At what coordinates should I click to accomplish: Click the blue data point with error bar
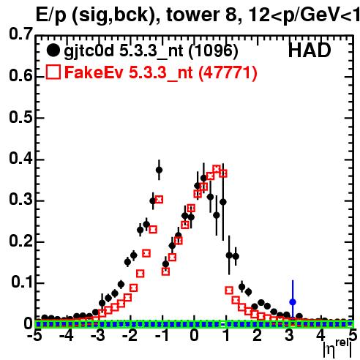(x=293, y=302)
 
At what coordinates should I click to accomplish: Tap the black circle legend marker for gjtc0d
(x=53, y=50)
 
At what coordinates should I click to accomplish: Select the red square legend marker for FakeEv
(x=53, y=72)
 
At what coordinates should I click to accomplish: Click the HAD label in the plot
(x=310, y=50)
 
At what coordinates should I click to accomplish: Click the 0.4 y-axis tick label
(x=20, y=158)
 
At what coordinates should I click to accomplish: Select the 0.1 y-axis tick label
(x=21, y=282)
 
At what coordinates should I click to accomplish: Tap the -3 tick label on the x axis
(x=99, y=336)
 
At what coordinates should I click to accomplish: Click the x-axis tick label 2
(x=258, y=336)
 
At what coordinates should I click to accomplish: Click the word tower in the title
(x=193, y=15)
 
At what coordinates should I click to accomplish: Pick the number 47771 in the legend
(x=228, y=72)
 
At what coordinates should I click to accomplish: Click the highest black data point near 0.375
(x=159, y=170)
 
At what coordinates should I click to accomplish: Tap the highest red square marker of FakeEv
(x=217, y=169)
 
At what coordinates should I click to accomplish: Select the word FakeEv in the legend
(x=94, y=72)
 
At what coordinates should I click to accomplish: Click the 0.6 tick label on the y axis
(x=20, y=75)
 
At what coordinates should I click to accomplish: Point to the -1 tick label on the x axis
(x=162, y=336)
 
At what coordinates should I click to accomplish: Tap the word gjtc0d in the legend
(x=89, y=51)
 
